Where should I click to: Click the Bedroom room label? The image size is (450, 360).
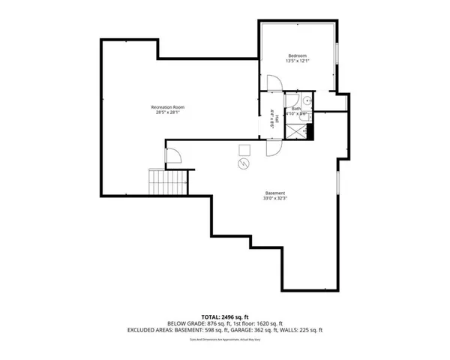298,56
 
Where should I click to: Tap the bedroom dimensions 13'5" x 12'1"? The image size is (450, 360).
298,62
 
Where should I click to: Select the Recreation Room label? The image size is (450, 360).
169,107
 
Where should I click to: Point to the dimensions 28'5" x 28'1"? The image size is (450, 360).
169,113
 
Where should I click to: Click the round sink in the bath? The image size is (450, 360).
307,101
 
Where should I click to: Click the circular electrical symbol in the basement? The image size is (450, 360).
243,163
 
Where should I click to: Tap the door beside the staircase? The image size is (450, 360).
173,156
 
